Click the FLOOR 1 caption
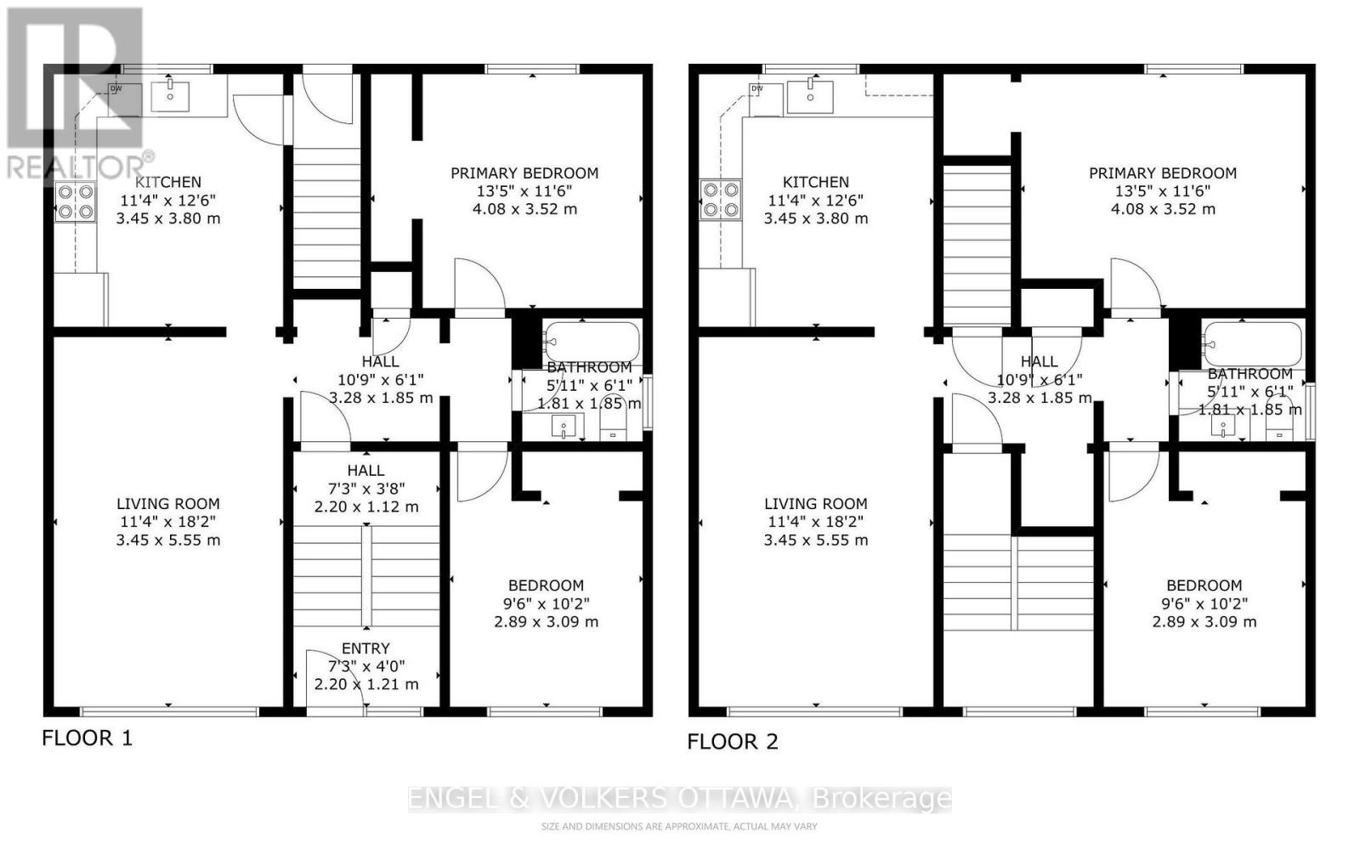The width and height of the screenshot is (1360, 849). click(x=87, y=738)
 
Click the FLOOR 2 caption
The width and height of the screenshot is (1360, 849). click(x=732, y=742)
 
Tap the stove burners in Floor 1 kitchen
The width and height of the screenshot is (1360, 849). click(x=75, y=201)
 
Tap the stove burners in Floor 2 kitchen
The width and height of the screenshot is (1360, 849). click(x=721, y=200)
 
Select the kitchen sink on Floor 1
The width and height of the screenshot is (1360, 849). click(x=171, y=96)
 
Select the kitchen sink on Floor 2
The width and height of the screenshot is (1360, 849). click(x=810, y=96)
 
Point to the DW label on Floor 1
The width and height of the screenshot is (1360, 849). click(x=116, y=88)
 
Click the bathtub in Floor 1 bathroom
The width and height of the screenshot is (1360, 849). click(x=592, y=342)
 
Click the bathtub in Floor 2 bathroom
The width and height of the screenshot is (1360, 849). click(x=1252, y=343)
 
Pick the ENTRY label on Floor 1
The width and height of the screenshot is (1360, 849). click(x=365, y=648)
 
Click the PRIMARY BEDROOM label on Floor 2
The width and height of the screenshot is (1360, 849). click(x=1162, y=173)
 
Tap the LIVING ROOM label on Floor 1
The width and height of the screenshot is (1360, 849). click(x=168, y=504)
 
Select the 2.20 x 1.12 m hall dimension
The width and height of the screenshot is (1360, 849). click(x=365, y=507)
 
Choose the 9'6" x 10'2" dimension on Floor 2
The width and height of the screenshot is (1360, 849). click(x=1204, y=603)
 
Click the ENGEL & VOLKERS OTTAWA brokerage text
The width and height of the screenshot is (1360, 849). click(x=680, y=799)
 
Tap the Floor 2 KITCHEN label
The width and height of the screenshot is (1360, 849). click(x=815, y=182)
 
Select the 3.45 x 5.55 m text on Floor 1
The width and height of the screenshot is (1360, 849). click(x=168, y=541)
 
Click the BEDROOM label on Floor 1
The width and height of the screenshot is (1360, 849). click(x=546, y=586)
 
